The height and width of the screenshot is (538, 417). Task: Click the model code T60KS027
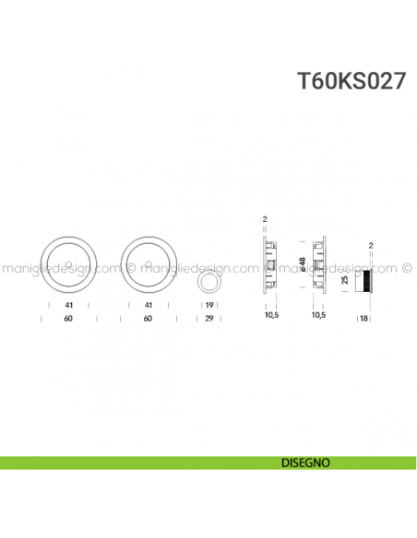coord(351,81)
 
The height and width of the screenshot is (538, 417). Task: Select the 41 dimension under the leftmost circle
coord(70,305)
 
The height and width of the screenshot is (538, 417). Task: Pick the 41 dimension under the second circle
coord(148,305)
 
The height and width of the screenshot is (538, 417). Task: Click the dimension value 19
coord(209,305)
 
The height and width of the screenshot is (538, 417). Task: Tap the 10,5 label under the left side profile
coord(269,315)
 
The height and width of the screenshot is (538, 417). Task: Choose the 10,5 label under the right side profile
coord(318,315)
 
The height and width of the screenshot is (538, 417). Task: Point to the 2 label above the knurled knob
coord(368,245)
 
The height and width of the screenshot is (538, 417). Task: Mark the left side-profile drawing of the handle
coord(269,265)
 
